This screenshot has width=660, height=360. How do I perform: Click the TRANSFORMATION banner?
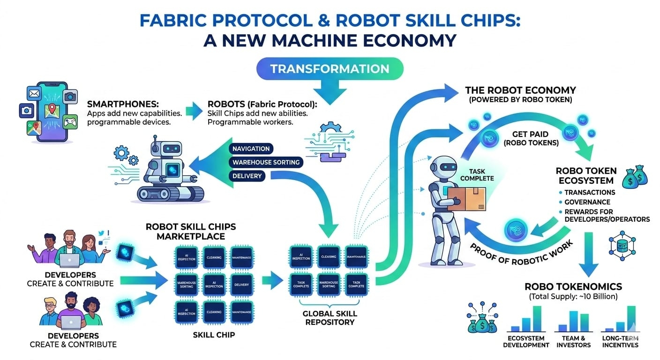(330, 69)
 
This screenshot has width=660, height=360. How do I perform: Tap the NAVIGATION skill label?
(251, 149)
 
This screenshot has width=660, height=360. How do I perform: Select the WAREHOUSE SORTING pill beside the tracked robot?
(265, 162)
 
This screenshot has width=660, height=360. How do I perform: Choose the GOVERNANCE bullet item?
(587, 202)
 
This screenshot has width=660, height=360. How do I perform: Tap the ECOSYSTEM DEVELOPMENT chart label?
(526, 341)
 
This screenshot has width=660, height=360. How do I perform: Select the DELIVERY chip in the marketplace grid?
(241, 285)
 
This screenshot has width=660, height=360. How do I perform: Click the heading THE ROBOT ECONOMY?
(520, 90)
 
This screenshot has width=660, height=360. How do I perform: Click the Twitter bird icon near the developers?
(102, 233)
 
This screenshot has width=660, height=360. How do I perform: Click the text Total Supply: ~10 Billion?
(573, 297)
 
